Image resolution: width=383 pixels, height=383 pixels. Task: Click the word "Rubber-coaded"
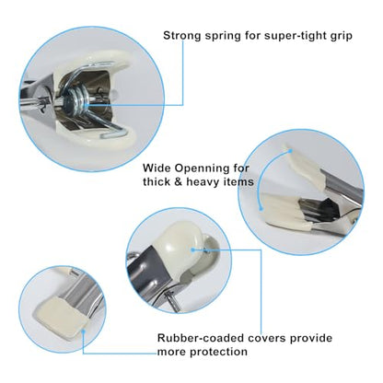coord(201,338)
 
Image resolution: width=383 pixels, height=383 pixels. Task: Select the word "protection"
coord(218,352)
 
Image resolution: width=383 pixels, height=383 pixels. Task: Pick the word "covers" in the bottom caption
coord(267,338)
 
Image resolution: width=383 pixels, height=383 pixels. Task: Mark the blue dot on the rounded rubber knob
coord(193,250)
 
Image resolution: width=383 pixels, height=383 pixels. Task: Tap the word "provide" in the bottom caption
coord(311,339)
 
